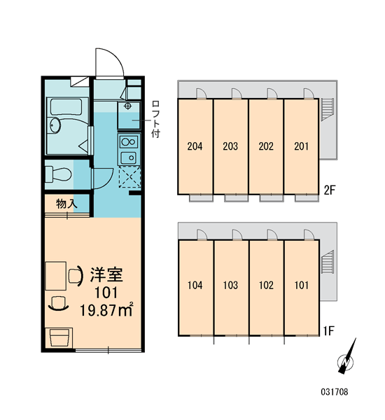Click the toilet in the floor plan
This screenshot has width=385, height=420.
58,174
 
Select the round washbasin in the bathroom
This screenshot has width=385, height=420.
55,125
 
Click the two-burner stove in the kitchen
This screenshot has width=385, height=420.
129,141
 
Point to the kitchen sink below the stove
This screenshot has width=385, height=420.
129,157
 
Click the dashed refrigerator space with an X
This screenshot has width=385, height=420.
129,176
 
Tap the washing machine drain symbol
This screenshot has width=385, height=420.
128,106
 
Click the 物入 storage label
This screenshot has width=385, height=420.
66,204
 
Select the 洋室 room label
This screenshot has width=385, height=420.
106,274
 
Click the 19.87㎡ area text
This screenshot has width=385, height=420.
106,310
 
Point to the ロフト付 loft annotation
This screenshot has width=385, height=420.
155,119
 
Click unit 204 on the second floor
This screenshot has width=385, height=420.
195,146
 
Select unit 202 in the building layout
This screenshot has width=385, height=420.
266,146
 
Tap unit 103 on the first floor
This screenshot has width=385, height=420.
230,286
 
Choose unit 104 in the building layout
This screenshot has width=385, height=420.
195,286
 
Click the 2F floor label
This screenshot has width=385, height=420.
330,190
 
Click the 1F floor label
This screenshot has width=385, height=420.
328,331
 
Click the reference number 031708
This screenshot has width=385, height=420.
335,392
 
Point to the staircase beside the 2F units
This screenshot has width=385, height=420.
327,110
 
